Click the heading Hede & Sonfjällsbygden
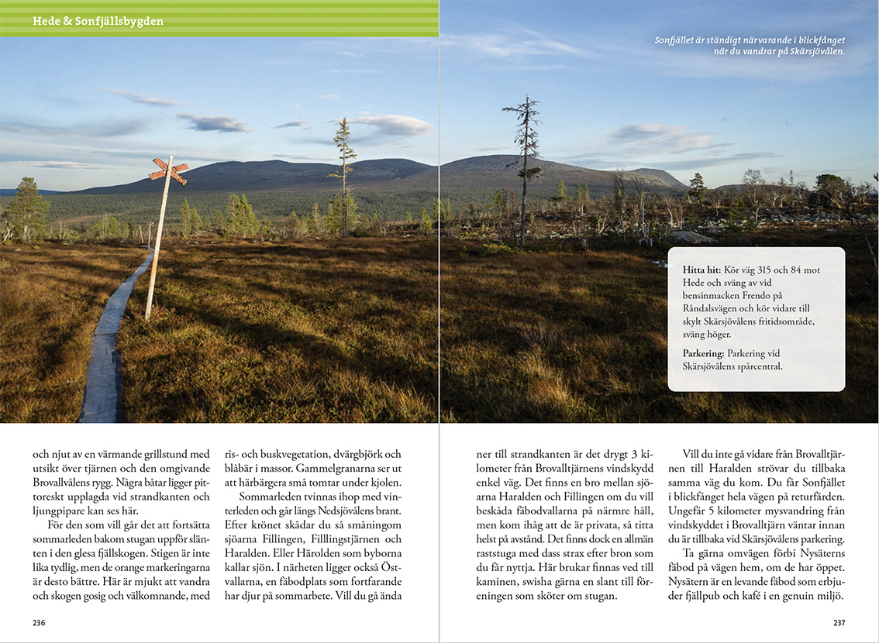tap(98, 21)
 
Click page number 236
tap(39, 623)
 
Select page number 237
tap(839, 623)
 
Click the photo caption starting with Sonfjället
tap(750, 45)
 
